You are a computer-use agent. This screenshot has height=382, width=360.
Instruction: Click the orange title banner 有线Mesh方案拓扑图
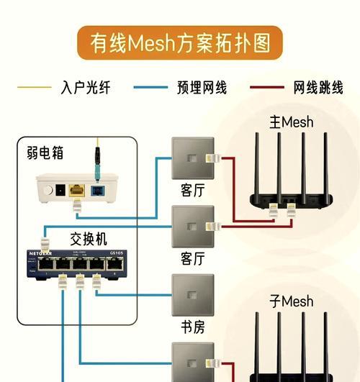click(x=180, y=43)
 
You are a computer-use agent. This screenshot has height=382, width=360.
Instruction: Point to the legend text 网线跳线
click(x=319, y=88)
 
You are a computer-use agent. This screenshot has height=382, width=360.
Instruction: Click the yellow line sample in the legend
click(x=33, y=88)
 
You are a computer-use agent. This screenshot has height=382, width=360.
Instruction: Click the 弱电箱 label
click(x=45, y=153)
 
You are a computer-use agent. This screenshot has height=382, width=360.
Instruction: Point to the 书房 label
click(x=192, y=327)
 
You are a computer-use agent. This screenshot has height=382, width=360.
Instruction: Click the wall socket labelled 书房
click(x=192, y=294)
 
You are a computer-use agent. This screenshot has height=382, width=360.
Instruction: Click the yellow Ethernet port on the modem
click(x=76, y=191)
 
